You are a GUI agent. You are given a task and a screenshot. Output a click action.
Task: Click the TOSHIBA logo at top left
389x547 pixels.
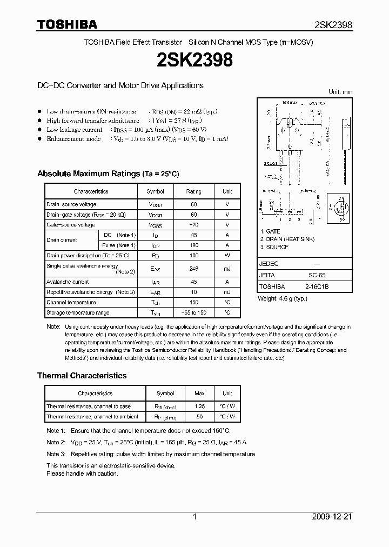pos(67,24)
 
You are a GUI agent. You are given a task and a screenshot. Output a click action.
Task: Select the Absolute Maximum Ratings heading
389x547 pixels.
pos(108,174)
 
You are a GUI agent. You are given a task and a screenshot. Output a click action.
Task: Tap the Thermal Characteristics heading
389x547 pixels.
pos(82,375)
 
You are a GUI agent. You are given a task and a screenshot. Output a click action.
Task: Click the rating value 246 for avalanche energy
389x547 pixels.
pos(193,269)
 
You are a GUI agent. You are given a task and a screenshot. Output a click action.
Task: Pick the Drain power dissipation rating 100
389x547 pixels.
pos(193,255)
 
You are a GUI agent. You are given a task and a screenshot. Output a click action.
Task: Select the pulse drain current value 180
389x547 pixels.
pos(193,245)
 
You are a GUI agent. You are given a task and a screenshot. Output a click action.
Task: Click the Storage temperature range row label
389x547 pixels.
pos(78,312)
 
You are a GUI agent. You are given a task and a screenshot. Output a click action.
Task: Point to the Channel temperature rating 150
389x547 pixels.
pos(193,302)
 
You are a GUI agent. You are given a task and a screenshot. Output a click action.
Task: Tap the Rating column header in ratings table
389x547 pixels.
pos(193,191)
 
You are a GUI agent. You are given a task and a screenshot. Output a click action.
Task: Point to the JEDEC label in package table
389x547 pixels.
pos(269,264)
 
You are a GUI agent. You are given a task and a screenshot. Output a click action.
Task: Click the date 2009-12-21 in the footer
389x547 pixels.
pos(332,517)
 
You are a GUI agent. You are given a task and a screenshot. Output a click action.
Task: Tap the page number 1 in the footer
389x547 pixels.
pos(194,517)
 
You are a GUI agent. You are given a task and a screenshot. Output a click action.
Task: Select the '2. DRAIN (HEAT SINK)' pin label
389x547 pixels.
pos(287,239)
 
